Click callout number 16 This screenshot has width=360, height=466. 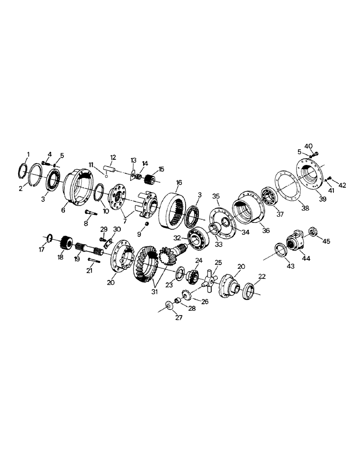tap(180, 182)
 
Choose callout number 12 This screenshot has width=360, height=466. tap(113, 157)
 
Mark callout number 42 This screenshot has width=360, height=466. tap(342, 185)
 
